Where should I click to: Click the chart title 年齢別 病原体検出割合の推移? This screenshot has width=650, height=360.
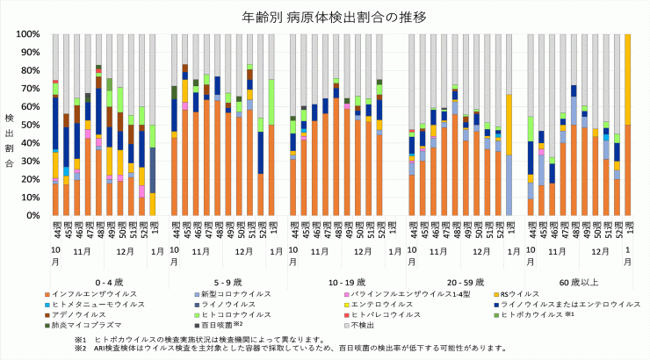click(x=325, y=17)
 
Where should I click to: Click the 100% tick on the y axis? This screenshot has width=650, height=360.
click(x=27, y=34)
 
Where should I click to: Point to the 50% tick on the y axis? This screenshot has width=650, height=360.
click(x=30, y=125)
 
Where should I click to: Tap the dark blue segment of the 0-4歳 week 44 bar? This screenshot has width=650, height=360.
click(x=55, y=123)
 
